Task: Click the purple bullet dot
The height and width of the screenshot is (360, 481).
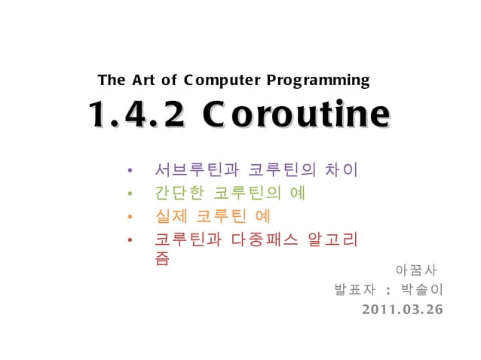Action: pyautogui.click(x=130, y=169)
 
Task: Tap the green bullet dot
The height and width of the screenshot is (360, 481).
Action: pyautogui.click(x=130, y=194)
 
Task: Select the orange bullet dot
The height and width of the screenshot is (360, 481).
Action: pyautogui.click(x=130, y=218)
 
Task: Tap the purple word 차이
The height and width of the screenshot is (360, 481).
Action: pyautogui.click(x=340, y=169)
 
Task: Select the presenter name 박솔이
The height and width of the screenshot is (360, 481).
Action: pyautogui.click(x=423, y=290)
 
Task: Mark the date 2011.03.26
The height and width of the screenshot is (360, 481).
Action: pyautogui.click(x=402, y=310)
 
